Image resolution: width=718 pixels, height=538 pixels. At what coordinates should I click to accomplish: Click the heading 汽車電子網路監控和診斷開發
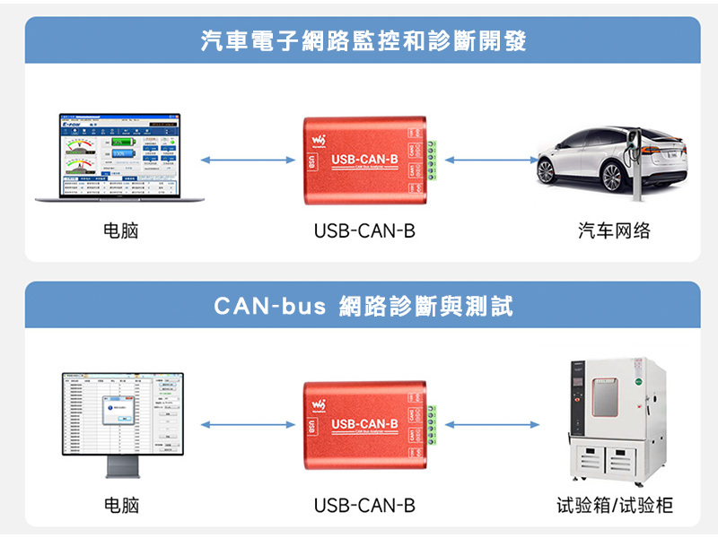click(363, 41)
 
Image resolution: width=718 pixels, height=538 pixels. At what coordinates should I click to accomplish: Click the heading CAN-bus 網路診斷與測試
click(363, 307)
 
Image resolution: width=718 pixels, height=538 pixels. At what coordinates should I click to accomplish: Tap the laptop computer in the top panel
click(120, 159)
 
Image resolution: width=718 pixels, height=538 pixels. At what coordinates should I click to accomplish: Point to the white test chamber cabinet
click(617, 421)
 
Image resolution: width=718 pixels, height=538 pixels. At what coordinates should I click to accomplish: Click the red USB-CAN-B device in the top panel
click(363, 159)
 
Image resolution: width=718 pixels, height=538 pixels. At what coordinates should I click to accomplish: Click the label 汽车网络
click(614, 231)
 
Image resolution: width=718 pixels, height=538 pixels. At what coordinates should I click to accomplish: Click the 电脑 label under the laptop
click(121, 231)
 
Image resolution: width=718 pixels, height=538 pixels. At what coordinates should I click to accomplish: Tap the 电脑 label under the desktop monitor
click(121, 506)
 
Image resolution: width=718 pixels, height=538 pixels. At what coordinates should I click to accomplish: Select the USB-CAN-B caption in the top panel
click(364, 231)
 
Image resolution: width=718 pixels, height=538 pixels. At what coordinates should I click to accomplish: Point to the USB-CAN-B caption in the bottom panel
click(364, 506)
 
